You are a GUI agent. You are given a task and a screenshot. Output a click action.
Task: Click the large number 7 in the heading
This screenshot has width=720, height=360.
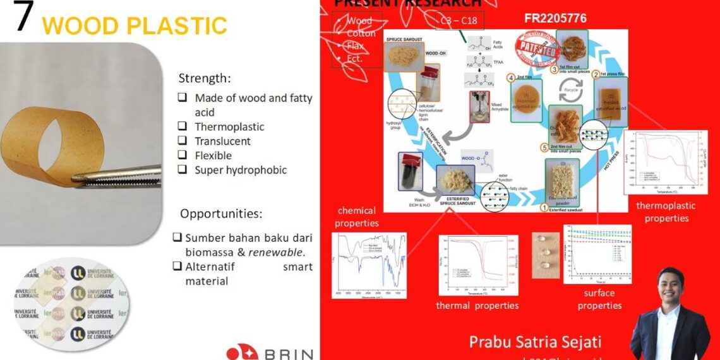pos(23,17)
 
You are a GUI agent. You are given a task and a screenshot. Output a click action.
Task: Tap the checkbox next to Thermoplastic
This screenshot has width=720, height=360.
pos(182,126)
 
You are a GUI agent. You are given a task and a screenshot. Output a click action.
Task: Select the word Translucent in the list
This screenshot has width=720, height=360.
pos(222,141)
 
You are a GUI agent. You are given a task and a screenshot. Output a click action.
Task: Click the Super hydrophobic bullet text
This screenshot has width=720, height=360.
pos(240,170)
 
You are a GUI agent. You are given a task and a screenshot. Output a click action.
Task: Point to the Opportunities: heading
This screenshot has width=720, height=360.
pos(220,213)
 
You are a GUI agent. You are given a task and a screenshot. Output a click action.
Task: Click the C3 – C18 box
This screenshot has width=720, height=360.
pos(459,21)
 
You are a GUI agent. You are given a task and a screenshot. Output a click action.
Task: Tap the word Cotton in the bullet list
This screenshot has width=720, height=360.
pos(361,33)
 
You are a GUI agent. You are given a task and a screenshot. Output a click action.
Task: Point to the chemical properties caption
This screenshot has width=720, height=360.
pos(357,217)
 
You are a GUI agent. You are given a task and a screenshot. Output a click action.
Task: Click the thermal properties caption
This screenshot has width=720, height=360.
pos(477,306)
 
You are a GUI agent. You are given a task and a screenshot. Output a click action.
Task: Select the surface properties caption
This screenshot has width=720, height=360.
pos(599,299)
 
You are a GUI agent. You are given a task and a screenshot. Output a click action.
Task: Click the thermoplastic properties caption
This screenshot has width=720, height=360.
pos(666,212)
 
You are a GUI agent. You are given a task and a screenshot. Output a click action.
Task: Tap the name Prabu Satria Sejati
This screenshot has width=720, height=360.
pos(535,342)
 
